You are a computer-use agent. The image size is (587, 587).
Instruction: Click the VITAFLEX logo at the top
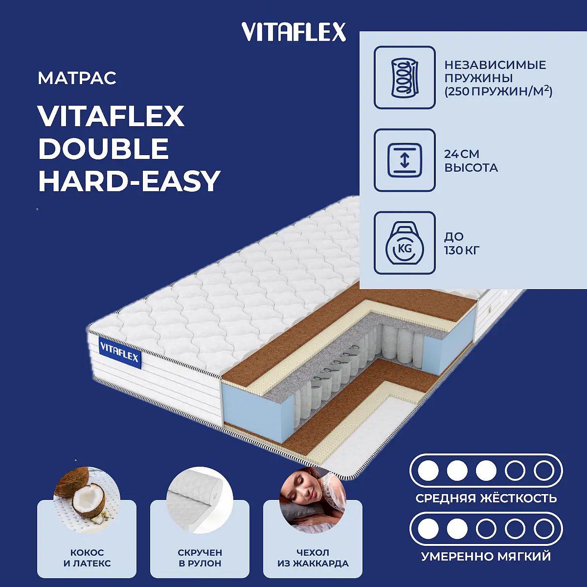coord(293,32)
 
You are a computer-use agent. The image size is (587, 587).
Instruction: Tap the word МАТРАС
coord(77,78)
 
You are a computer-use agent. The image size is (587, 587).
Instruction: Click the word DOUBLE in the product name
coord(103,148)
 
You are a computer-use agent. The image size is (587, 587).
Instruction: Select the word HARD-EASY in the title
coord(129,181)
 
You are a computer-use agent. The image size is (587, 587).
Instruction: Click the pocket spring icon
coord(405,77)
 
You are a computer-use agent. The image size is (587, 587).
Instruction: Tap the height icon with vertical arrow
coord(405,160)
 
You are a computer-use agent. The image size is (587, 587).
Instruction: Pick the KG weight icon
coord(405,243)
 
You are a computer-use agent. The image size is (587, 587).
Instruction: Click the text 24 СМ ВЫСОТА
coord(471,160)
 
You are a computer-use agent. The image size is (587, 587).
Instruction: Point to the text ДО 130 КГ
coord(462,243)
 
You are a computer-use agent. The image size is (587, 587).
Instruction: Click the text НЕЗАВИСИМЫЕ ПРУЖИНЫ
coord(495,71)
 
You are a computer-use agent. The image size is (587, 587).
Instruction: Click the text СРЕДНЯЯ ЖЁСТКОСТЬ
coord(486,498)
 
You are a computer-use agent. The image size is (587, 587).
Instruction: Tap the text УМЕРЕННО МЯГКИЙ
coord(486,556)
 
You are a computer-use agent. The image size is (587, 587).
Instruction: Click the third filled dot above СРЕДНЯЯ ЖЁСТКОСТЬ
coord(486,471)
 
